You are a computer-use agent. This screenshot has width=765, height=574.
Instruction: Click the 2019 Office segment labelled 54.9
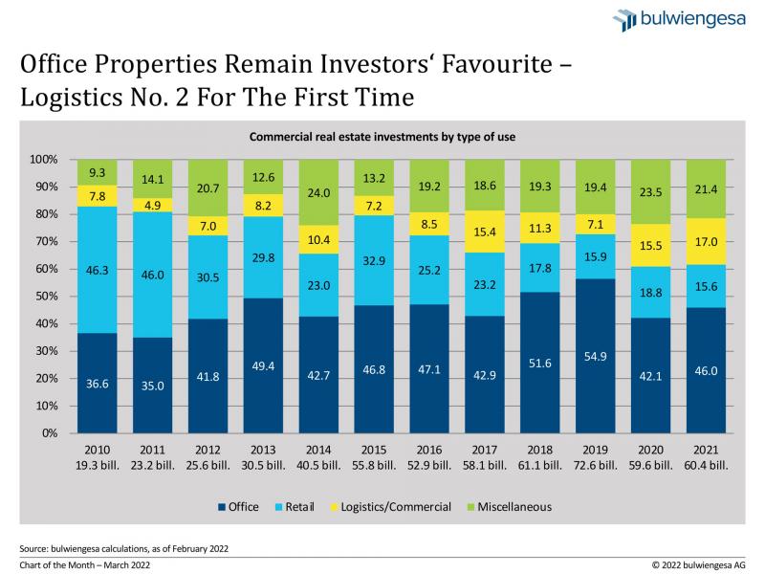(x=602, y=356)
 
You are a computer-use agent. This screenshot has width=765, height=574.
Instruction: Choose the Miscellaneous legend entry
(x=511, y=507)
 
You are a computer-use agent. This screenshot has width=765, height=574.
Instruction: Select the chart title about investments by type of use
(x=382, y=138)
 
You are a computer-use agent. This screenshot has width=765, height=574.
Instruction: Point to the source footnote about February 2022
(x=123, y=549)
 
